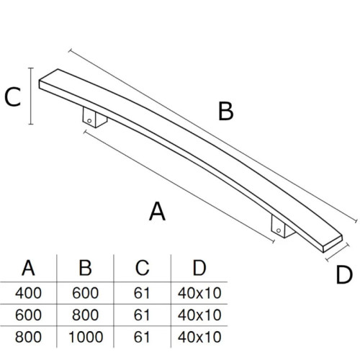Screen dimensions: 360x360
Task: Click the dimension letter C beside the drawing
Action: point(13,96)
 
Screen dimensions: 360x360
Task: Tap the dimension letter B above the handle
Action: point(226,111)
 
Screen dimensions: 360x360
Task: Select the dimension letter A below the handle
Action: point(157,211)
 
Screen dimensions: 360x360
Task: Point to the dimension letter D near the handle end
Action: point(344,275)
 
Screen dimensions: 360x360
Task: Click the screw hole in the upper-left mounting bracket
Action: point(89,121)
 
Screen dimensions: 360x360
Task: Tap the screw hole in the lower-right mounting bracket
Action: point(279,230)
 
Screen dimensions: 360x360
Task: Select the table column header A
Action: point(28,268)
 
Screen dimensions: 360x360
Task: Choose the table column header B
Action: point(86,268)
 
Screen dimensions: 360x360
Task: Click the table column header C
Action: point(143,268)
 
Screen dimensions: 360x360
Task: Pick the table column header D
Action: point(199,268)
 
